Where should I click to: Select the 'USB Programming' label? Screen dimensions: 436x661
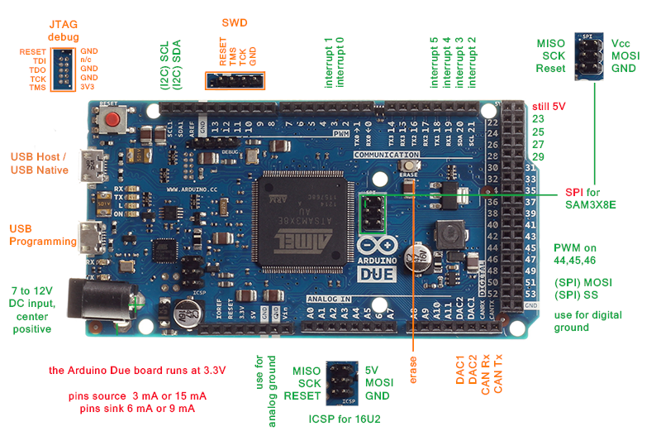coord(43,235)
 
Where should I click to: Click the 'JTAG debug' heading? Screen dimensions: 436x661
coord(64,31)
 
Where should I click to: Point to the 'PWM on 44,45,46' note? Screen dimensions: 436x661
coord(584,254)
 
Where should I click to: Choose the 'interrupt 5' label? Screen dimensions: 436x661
coord(435,62)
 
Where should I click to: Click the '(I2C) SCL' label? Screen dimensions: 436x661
coord(164,65)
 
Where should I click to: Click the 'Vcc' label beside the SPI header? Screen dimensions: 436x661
coord(621,42)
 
